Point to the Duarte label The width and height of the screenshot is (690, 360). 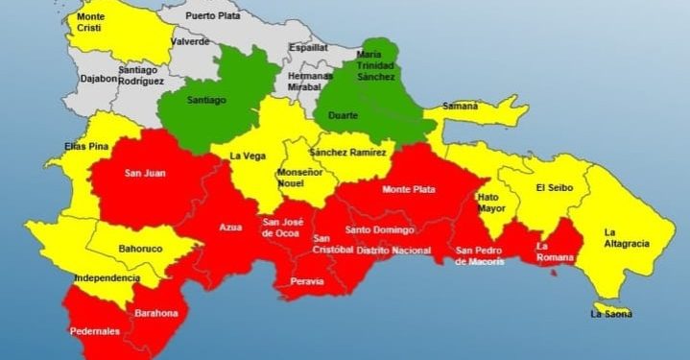tap(344, 115)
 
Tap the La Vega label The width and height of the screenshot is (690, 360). tap(247, 156)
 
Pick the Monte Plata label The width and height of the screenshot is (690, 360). tap(409, 189)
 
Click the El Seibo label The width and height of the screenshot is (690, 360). tap(554, 187)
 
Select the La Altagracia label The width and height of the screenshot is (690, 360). tap(623, 238)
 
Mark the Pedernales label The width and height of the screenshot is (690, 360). tap(94, 331)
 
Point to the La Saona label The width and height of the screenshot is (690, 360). tap(611, 313)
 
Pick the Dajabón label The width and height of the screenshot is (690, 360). tap(99, 79)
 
